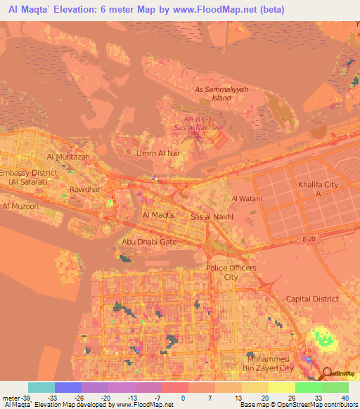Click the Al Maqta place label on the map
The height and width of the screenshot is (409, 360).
[157, 214]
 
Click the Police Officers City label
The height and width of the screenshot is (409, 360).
[231, 273]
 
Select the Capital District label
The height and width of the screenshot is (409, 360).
[312, 299]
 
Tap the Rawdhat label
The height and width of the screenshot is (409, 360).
[84, 189]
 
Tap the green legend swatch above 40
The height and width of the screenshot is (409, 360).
[335, 387]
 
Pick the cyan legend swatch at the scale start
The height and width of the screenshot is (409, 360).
[41, 387]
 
